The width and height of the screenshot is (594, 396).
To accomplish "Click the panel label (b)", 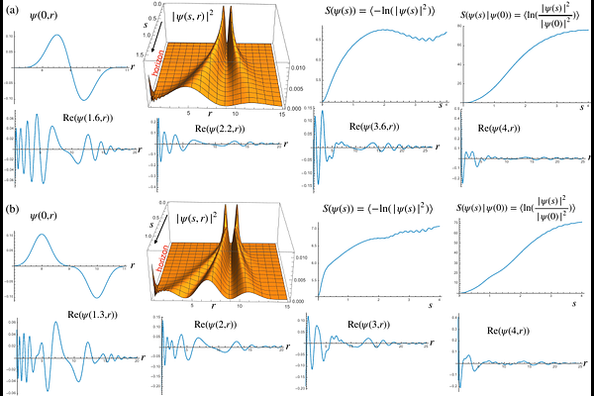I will pos(13,211).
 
